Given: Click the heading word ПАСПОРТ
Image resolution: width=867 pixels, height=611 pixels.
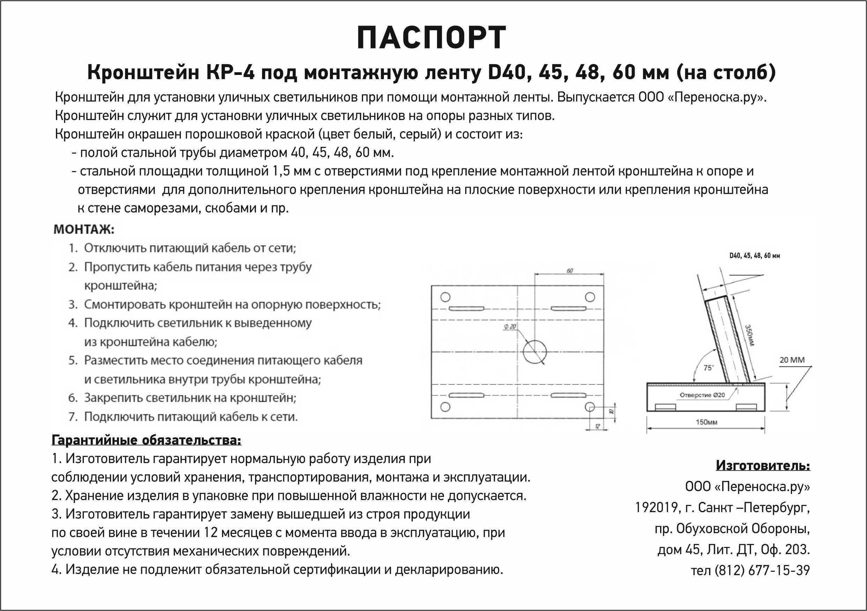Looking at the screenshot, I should coord(431,38).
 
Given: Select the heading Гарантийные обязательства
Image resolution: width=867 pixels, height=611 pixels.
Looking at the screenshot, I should coord(146,440).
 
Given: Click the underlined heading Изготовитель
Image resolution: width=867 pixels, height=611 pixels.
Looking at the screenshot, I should coord(763,465).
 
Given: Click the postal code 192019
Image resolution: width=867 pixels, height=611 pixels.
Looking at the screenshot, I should coord(656,507).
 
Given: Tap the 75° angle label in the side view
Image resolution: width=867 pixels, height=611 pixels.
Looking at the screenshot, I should coord(709,368).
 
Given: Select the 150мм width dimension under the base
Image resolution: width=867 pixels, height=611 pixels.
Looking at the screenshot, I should coord(706,422).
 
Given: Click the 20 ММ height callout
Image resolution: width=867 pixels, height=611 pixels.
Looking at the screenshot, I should coord(792,360).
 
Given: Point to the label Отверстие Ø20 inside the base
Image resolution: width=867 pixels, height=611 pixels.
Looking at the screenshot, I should coord(702,395).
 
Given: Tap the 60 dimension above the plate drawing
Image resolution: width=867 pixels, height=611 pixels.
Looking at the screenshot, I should coord(570,271).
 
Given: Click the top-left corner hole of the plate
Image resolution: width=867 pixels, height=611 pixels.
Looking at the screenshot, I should coord(446,297).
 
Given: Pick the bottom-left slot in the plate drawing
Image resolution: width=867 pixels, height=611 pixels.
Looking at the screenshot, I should coord(466,395).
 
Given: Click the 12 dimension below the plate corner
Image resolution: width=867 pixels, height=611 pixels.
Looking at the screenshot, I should coord(598,427).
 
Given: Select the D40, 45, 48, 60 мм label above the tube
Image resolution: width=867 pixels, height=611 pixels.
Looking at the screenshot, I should coord(755,256).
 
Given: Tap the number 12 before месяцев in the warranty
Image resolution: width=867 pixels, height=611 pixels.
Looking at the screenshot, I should coord(211,533).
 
